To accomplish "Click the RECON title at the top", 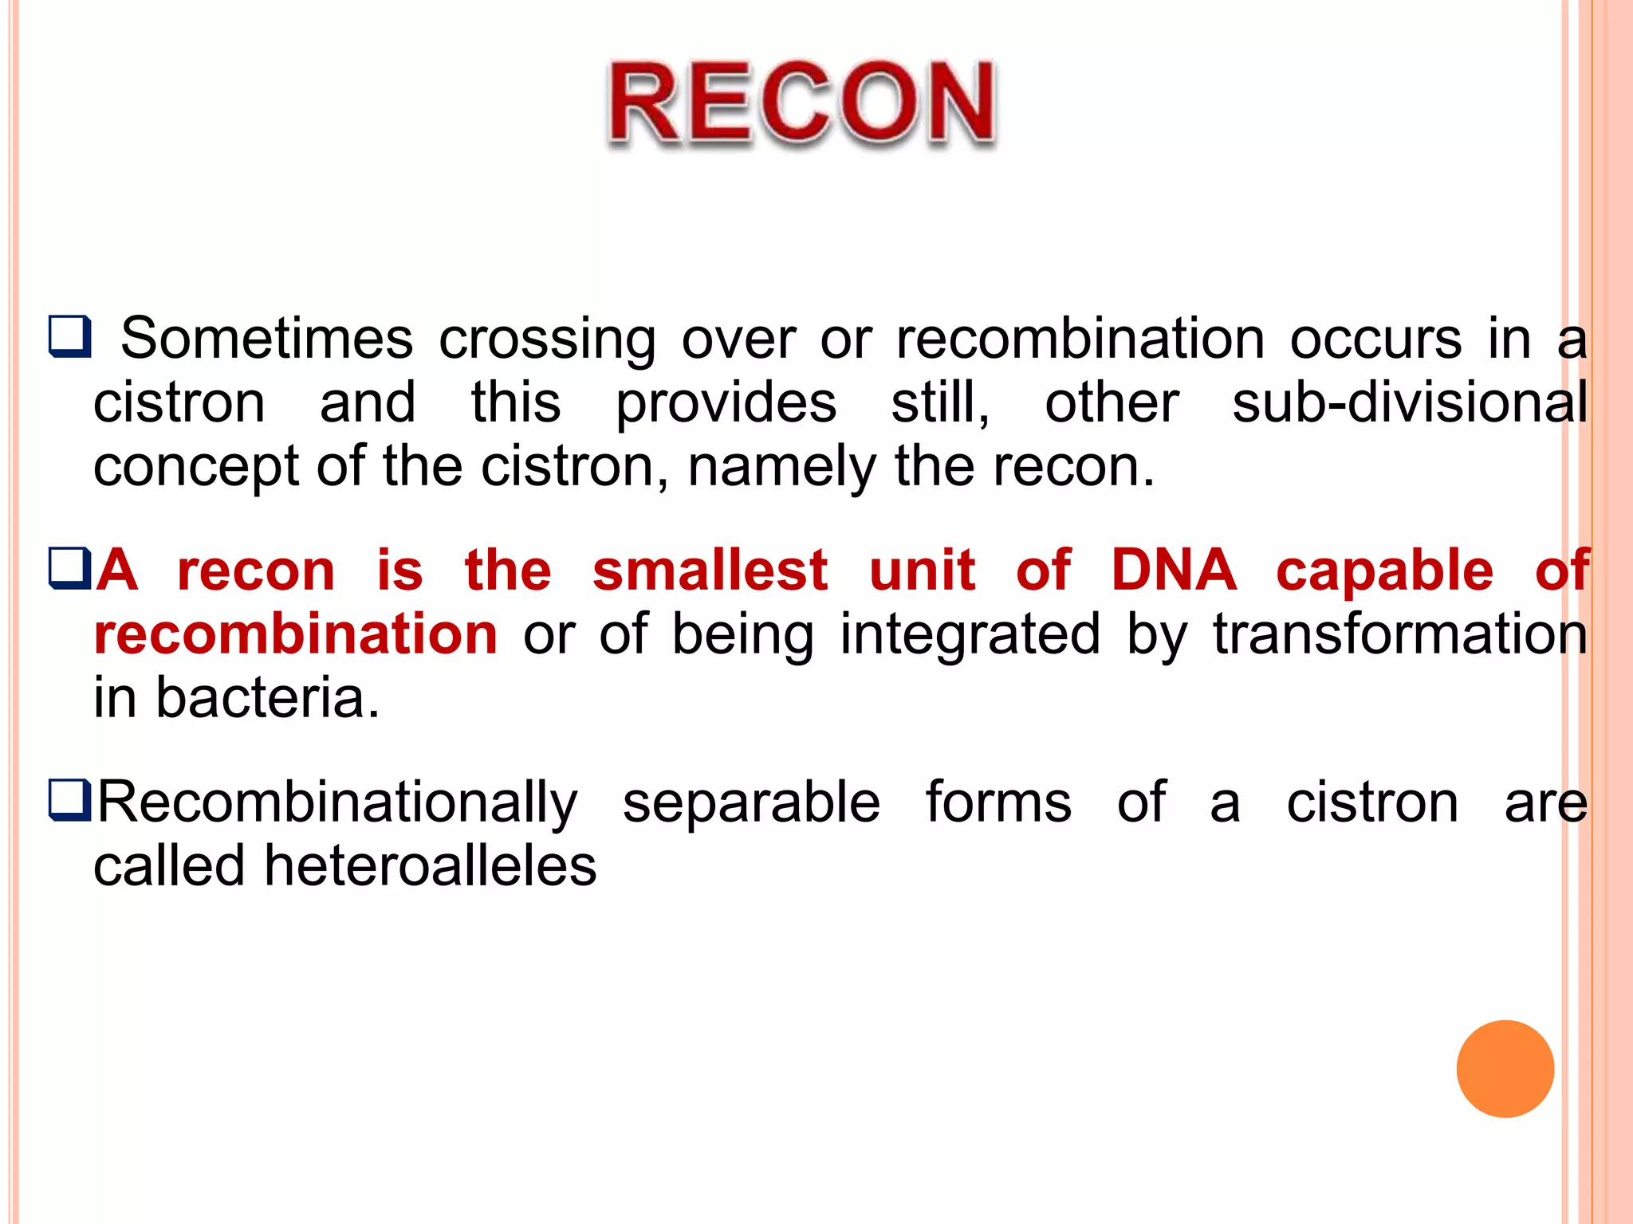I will [801, 104].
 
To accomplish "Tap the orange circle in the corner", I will [1505, 1069].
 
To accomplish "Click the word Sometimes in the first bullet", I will [266, 339].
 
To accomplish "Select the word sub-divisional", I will [1409, 402].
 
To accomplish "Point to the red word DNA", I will [1173, 571].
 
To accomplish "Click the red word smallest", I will [710, 571].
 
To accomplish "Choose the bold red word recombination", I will [296, 634].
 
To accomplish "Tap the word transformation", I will [1399, 634].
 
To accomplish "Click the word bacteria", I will [267, 698].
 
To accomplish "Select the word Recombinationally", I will [337, 802].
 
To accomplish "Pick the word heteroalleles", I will [430, 866].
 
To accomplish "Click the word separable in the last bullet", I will [751, 802].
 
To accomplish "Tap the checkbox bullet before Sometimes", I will [70, 336].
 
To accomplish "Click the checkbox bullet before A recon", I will [70, 568].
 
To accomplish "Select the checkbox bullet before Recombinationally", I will [70, 800].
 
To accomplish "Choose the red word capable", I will [1384, 572].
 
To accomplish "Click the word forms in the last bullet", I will [998, 802].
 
